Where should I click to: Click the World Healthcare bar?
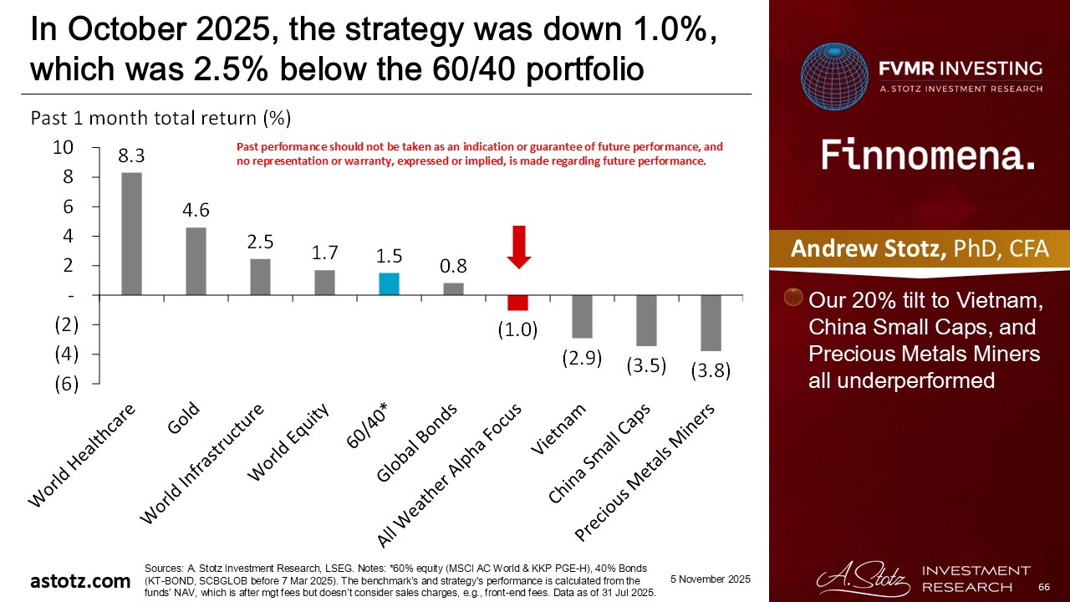(x=131, y=233)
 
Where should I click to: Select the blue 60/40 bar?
(x=388, y=283)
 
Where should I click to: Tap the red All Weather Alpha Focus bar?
(x=517, y=303)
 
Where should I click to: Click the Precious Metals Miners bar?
(x=711, y=323)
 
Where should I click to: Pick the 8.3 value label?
(x=131, y=155)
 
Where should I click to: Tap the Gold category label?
(x=184, y=418)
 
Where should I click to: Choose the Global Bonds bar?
(x=453, y=288)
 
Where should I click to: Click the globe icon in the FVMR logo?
(x=833, y=78)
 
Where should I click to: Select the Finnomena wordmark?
(x=928, y=155)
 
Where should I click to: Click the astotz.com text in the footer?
(x=81, y=580)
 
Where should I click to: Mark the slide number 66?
(x=1043, y=589)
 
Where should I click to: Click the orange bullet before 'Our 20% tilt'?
(x=794, y=298)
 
